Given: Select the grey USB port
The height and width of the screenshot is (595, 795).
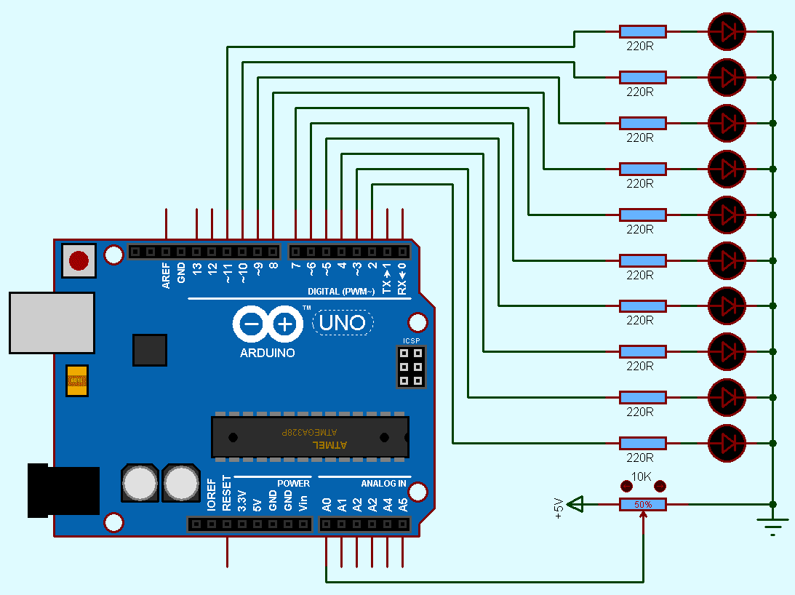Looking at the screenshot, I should (52, 323).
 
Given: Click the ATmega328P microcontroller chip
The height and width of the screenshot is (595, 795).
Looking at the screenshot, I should (310, 437).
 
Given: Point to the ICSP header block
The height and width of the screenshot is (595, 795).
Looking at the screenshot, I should (411, 367).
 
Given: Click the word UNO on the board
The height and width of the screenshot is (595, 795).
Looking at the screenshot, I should (343, 322).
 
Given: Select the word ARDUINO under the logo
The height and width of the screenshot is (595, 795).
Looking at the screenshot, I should (268, 353).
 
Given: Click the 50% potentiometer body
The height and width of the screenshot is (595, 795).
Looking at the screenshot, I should (642, 504).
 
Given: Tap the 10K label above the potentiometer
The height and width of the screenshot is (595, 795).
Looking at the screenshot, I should (641, 477).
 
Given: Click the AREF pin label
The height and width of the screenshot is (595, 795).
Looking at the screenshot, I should (167, 276).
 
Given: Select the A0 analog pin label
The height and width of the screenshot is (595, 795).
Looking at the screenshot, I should (327, 503).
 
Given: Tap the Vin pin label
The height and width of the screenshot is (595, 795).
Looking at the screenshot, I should (303, 503).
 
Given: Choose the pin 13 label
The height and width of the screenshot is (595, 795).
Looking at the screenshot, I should (197, 273).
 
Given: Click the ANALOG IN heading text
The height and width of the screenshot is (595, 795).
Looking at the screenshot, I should (383, 484).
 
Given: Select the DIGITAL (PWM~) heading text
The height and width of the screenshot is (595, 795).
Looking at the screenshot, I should (341, 292).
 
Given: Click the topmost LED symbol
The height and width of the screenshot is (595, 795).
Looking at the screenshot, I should (727, 31).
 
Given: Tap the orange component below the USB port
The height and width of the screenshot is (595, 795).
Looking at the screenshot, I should (76, 380).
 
